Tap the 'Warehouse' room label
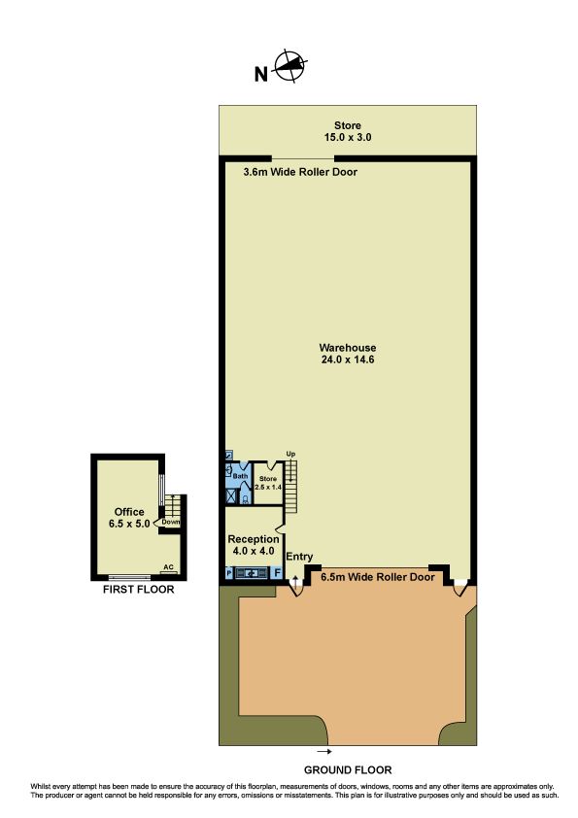(x=348, y=348)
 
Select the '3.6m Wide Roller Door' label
(x=300, y=172)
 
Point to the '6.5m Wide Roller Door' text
(x=378, y=577)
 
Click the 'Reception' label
(x=254, y=539)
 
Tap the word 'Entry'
(x=299, y=558)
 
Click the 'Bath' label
(x=240, y=476)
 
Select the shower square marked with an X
(x=231, y=495)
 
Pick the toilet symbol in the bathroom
(x=245, y=499)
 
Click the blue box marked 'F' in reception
(x=277, y=573)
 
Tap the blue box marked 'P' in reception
(x=229, y=573)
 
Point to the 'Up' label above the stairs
(x=290, y=454)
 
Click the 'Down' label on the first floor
(x=171, y=522)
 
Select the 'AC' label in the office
(x=168, y=567)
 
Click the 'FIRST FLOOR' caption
(x=138, y=590)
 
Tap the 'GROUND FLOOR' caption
(x=348, y=770)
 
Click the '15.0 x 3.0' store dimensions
(x=348, y=138)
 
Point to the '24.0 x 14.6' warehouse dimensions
(x=348, y=359)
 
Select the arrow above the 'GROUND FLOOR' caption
(x=324, y=752)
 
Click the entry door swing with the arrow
(x=295, y=588)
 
